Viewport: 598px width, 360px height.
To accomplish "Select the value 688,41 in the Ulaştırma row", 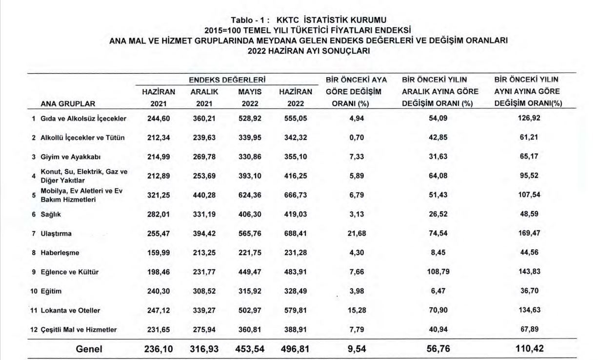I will pyautogui.click(x=296, y=234).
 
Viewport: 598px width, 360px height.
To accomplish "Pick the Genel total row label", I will pyautogui.click(x=89, y=349).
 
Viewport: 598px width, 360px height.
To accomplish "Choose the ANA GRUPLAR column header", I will pyautogui.click(x=68, y=103).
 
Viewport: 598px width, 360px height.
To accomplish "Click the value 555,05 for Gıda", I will pyautogui.click(x=296, y=118).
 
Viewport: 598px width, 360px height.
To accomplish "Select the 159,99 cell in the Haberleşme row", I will pyautogui.click(x=159, y=253).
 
